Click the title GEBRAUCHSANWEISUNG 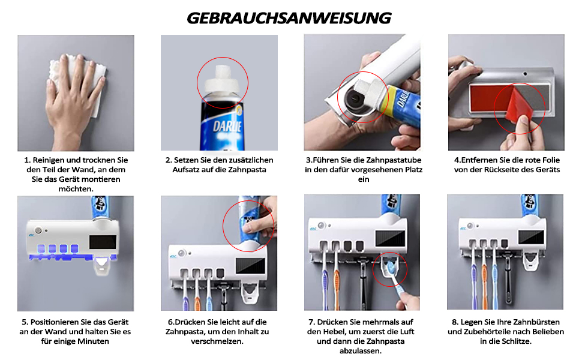tap(289, 18)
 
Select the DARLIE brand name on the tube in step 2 tap(227, 126)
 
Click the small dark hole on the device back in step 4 tap(525, 73)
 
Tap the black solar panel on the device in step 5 tap(103, 242)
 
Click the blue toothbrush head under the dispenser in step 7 tap(390, 268)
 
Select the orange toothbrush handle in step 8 tap(484, 284)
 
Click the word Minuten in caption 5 tap(94, 341)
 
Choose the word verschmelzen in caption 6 tap(217, 341)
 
